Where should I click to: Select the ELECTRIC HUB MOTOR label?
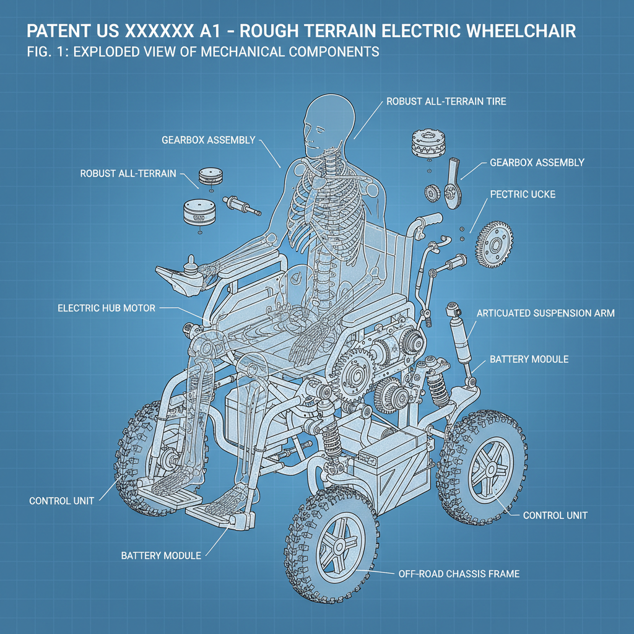(106, 308)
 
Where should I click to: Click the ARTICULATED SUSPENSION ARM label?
(545, 313)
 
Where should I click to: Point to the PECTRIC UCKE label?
(523, 194)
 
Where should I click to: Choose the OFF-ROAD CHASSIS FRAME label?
(458, 574)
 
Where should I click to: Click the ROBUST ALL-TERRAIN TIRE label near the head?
(446, 101)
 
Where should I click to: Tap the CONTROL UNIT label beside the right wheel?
(555, 515)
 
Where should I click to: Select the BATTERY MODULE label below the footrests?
(161, 555)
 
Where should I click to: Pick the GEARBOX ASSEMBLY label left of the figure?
(207, 140)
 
